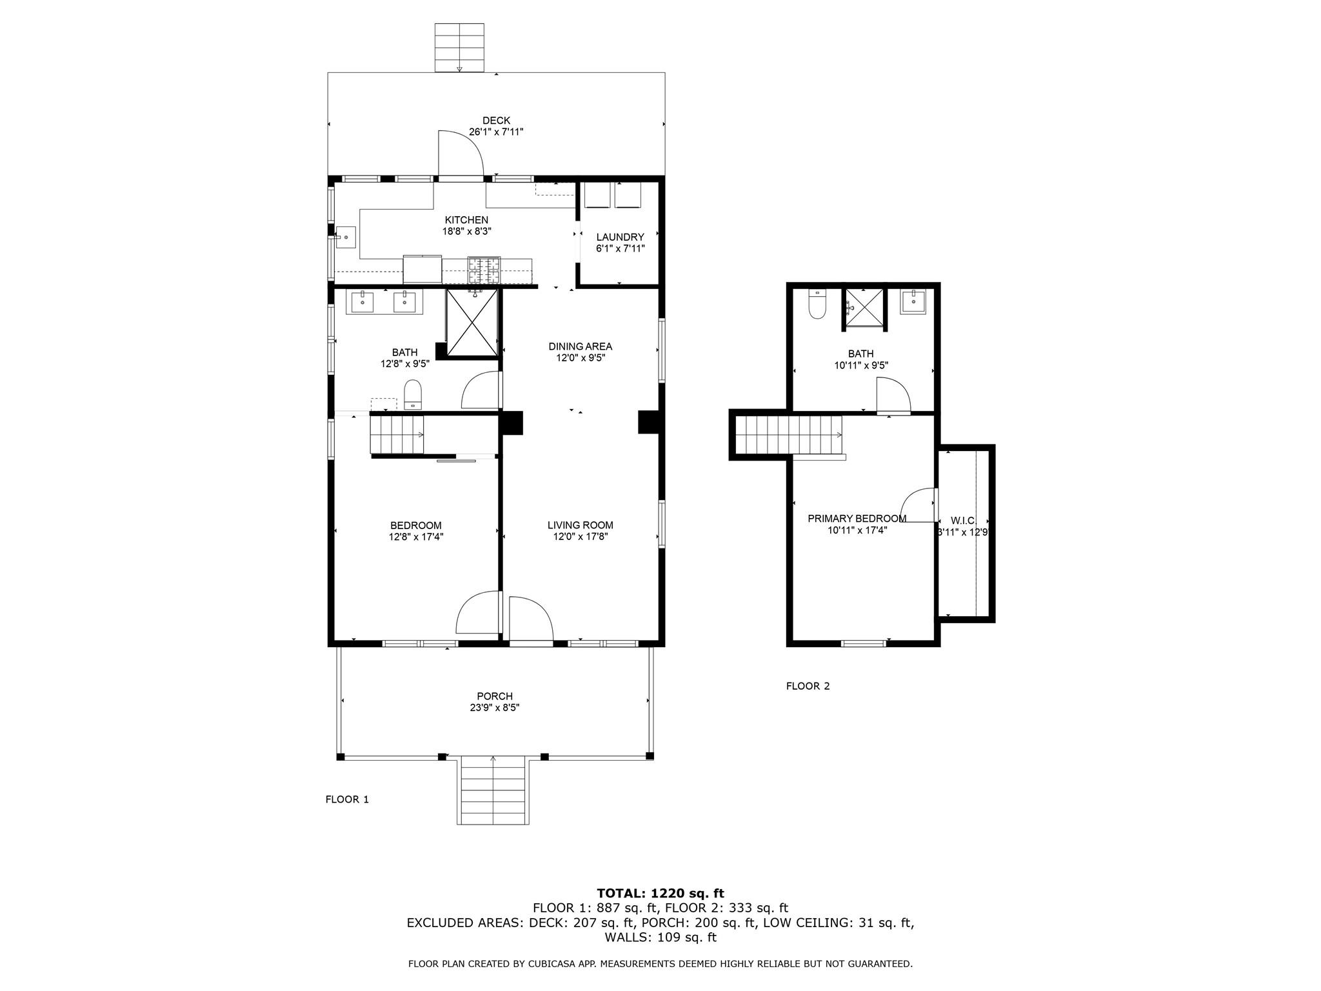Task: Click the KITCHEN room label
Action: click(x=466, y=220)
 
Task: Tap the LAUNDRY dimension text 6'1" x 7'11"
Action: click(x=620, y=248)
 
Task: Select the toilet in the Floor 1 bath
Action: click(x=412, y=394)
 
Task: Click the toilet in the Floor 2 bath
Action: click(x=817, y=304)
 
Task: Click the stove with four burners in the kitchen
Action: click(x=484, y=270)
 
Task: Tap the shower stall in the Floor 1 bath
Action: click(x=472, y=322)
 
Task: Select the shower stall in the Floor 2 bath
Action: click(x=864, y=308)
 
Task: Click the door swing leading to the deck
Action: click(x=460, y=154)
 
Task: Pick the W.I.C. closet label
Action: click(x=963, y=521)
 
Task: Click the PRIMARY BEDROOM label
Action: click(x=857, y=519)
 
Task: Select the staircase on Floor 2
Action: click(x=789, y=435)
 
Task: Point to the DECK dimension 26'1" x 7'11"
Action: click(x=495, y=132)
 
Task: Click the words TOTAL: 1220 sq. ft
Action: click(x=660, y=893)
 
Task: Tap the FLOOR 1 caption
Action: click(x=347, y=799)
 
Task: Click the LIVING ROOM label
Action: click(x=580, y=525)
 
